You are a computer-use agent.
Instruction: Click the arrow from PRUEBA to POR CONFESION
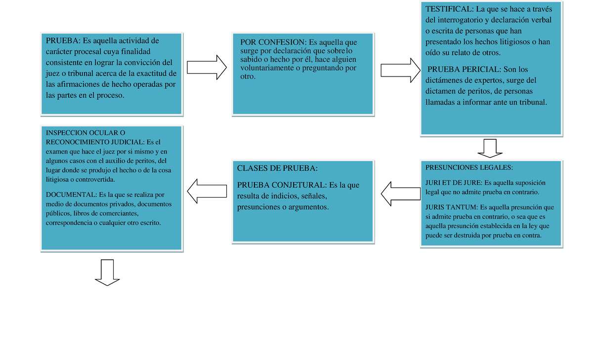(207, 68)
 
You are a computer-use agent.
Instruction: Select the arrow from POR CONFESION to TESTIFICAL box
(401, 70)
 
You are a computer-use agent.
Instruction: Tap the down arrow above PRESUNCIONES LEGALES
(490, 148)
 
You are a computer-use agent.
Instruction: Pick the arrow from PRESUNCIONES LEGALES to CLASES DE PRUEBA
(401, 194)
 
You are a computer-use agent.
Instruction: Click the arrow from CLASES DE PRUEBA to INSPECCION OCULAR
(207, 191)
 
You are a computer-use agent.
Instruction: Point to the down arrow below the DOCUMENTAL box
(107, 273)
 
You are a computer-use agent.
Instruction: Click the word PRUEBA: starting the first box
(63, 40)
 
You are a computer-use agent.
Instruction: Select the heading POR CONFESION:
(273, 42)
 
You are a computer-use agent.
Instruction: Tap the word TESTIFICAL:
(450, 9)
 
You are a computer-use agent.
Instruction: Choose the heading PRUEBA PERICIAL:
(465, 69)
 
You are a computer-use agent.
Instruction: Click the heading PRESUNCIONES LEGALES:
(469, 167)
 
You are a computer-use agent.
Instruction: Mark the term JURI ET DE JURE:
(454, 183)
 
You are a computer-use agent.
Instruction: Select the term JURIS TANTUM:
(452, 207)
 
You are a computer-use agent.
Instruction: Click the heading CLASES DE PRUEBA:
(277, 168)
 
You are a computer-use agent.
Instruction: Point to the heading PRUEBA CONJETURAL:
(282, 185)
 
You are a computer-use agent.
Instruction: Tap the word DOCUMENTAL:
(72, 195)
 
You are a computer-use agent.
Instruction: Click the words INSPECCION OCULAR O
(85, 133)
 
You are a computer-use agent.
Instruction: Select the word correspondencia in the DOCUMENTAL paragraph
(69, 223)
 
